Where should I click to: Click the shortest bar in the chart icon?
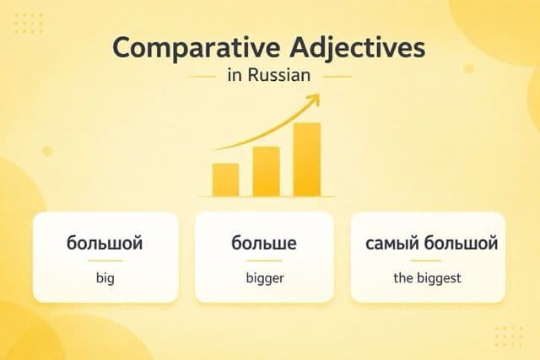(x=225, y=178)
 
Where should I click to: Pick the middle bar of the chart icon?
(x=266, y=170)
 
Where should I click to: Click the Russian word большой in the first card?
(x=105, y=244)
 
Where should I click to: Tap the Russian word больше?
(x=265, y=244)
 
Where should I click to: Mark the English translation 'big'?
(x=105, y=277)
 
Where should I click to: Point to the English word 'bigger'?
(x=265, y=277)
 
